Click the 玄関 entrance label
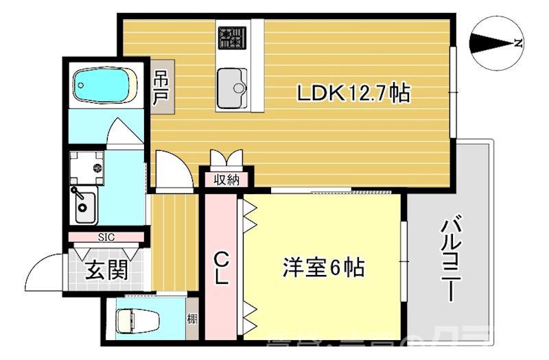[x=106, y=269]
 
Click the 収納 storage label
[x=225, y=180]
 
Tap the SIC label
[x=106, y=237]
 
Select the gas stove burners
[x=233, y=37]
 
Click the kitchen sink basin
[x=233, y=87]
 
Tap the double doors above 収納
[x=226, y=159]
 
